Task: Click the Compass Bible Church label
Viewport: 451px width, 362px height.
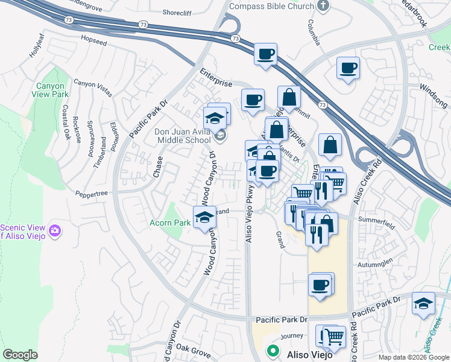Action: (271, 5)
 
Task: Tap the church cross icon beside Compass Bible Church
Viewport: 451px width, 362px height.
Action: (324, 5)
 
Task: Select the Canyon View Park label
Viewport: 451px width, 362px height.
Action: (52, 91)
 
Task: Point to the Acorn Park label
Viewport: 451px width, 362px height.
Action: (170, 223)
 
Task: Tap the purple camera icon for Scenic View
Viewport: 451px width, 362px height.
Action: (55, 230)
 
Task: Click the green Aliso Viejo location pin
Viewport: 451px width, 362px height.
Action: (273, 351)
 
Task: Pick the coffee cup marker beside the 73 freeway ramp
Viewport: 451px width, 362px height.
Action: (265, 54)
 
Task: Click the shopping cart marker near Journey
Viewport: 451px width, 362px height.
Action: (334, 338)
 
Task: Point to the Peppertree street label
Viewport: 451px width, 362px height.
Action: (91, 193)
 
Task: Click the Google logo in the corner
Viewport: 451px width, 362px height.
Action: (20, 355)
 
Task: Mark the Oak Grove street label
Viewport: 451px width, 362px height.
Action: (193, 350)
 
